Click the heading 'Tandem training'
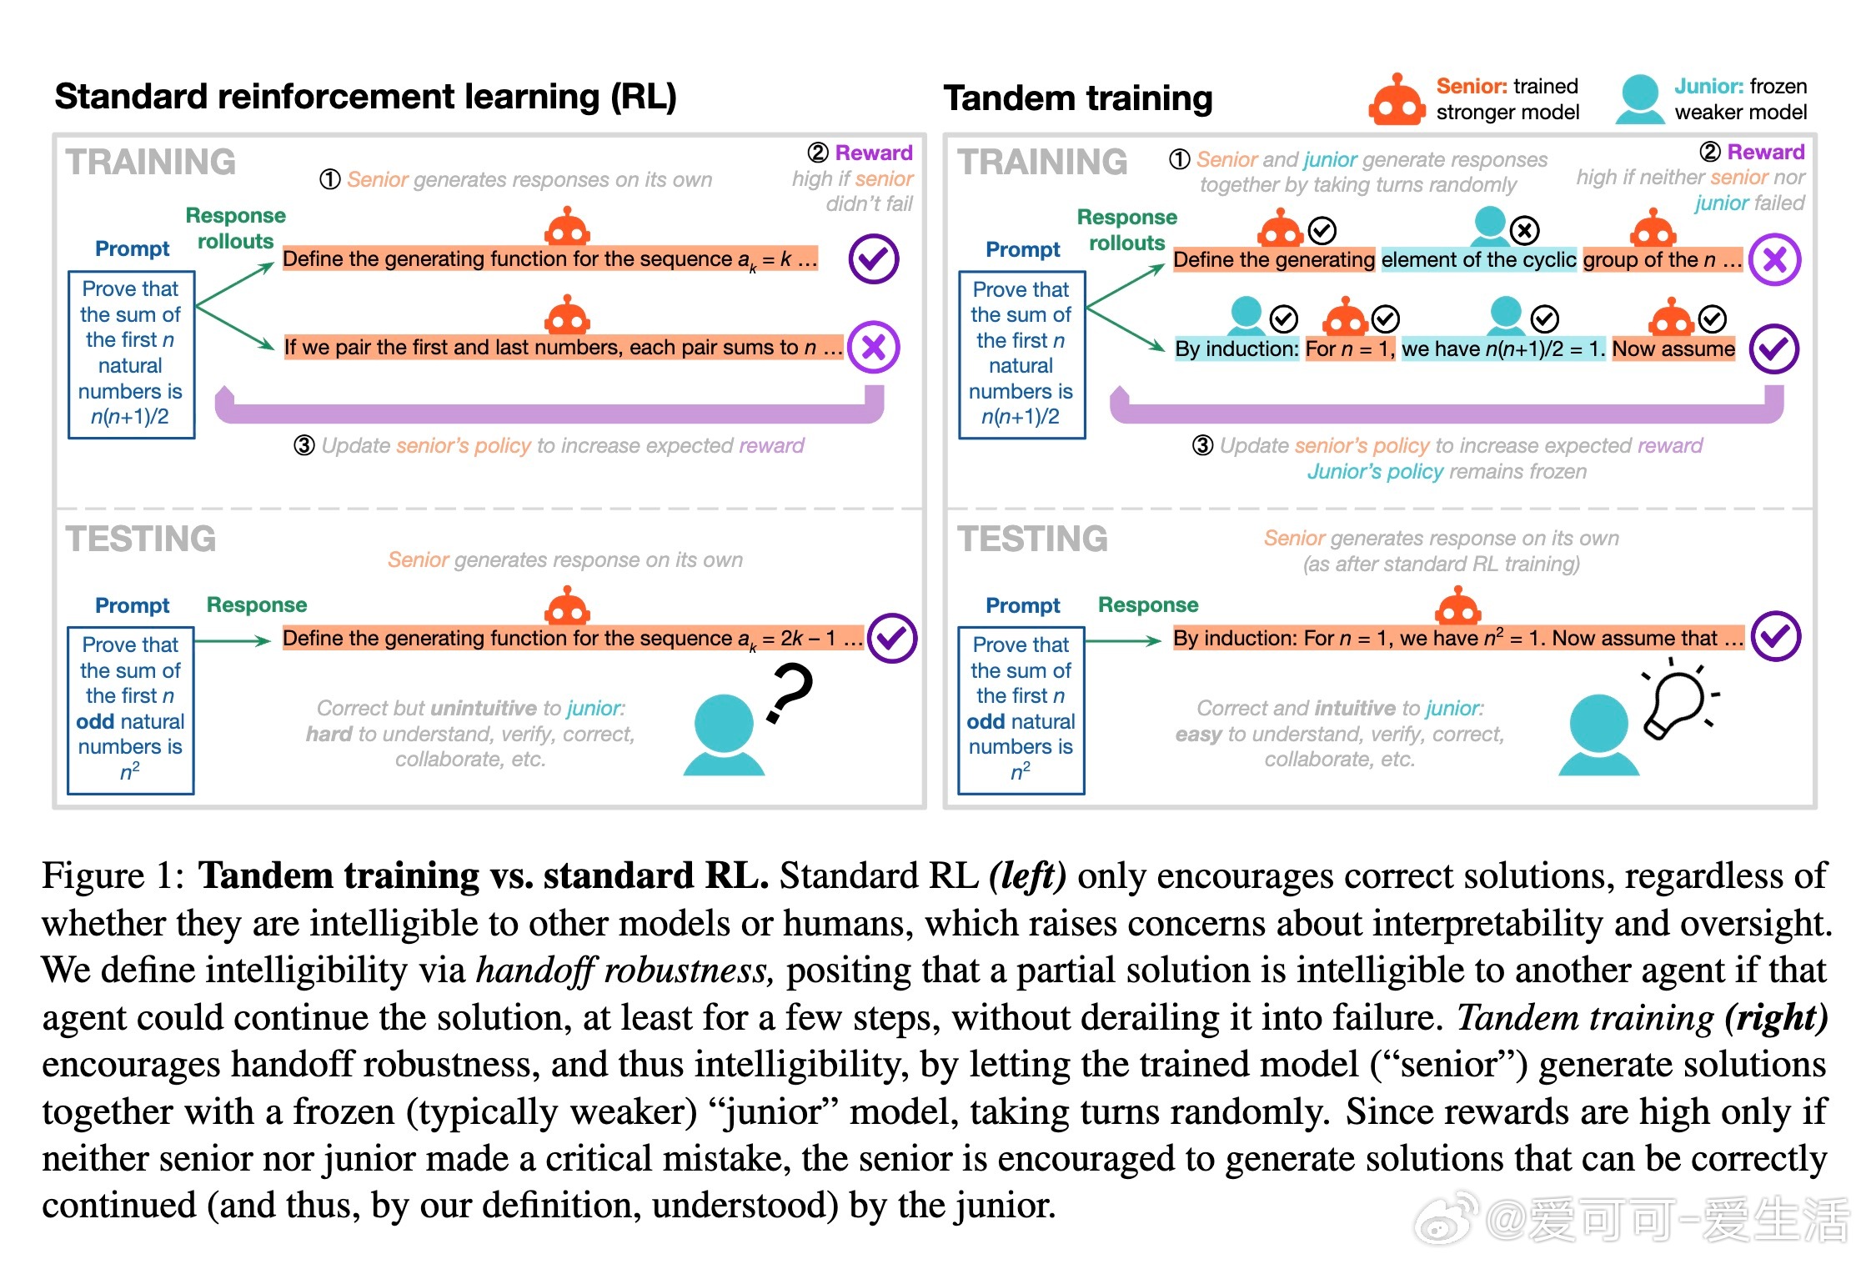click(1078, 98)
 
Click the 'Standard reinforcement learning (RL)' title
click(365, 97)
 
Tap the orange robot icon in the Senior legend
click(1397, 101)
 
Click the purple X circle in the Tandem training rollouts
click(1775, 260)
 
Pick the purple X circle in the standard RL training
click(873, 347)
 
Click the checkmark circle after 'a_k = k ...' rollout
click(873, 258)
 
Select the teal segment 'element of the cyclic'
click(1478, 260)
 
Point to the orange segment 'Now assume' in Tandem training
click(1673, 349)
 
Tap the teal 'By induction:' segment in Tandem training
click(1236, 349)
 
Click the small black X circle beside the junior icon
click(1525, 230)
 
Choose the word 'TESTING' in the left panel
click(141, 539)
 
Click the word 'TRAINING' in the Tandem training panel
click(1042, 162)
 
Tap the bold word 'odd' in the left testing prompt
click(93, 721)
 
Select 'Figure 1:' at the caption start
click(113, 876)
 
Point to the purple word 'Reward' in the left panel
click(874, 153)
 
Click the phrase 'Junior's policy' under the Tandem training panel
click(1375, 472)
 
